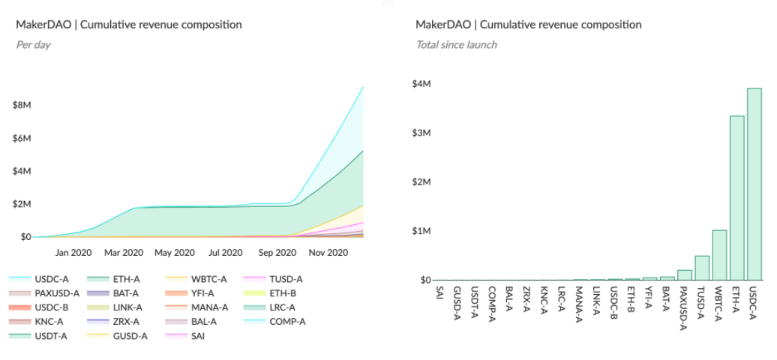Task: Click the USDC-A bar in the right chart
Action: click(754, 184)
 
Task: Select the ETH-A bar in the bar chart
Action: click(736, 198)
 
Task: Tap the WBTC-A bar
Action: click(719, 255)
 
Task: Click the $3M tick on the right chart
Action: click(421, 133)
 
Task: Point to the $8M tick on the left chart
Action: click(21, 106)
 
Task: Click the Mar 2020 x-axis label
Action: click(123, 253)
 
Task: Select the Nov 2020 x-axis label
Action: click(328, 253)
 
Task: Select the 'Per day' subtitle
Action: click(33, 44)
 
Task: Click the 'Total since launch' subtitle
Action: click(457, 44)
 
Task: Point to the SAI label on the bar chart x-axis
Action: click(438, 294)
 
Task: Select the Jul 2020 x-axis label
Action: click(226, 253)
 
